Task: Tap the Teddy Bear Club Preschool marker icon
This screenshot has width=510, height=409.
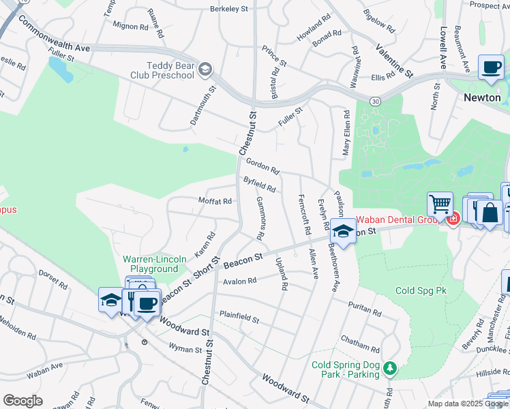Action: point(205,69)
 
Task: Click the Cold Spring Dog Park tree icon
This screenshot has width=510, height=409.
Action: point(389,369)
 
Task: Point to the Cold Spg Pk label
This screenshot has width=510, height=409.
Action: point(421,290)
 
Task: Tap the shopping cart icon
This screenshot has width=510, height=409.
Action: point(440,203)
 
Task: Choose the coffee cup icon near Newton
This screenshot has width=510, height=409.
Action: point(490,67)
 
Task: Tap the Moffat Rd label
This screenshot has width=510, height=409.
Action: point(215,201)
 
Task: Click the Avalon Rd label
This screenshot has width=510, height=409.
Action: point(239,281)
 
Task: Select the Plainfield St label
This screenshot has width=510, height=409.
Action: point(239,317)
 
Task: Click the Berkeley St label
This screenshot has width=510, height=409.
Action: point(229,9)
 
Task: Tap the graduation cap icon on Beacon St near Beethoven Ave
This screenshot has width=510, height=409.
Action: point(343,231)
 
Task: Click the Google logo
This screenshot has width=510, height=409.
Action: point(22,401)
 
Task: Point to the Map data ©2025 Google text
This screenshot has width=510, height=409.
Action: point(468,404)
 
